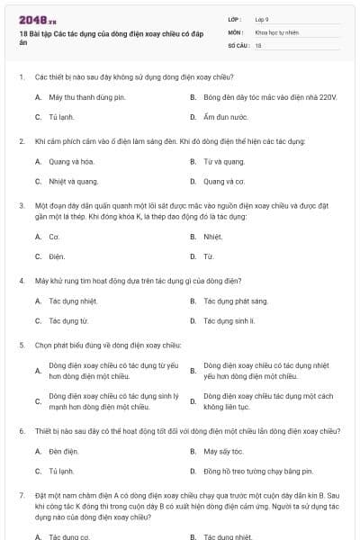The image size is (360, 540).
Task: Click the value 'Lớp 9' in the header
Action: pyautogui.click(x=263, y=19)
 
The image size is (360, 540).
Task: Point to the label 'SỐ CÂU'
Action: pyautogui.click(x=238, y=44)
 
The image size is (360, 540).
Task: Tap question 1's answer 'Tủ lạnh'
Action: pyautogui.click(x=62, y=117)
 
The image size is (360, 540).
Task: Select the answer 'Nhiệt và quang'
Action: pyautogui.click(x=74, y=181)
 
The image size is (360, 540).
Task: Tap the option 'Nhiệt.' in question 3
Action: pyautogui.click(x=213, y=237)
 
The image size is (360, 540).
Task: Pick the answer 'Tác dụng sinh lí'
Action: pyautogui.click(x=229, y=320)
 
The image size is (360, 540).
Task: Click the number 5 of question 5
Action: pyautogui.click(x=21, y=345)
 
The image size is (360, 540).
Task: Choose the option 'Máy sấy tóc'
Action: pyautogui.click(x=224, y=451)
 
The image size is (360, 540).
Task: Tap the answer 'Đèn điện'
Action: pyautogui.click(x=64, y=451)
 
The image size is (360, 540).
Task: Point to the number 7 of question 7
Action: pyautogui.click(x=21, y=495)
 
